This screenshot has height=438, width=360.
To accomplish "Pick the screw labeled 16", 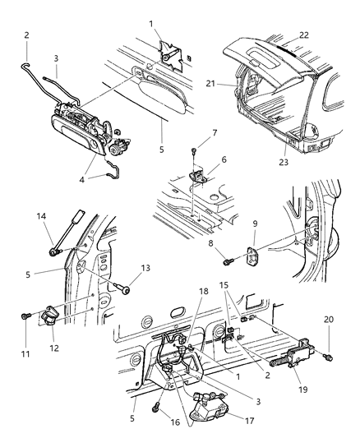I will (155, 404).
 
